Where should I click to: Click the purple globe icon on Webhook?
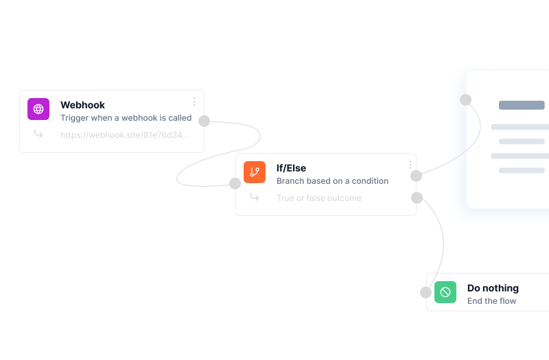(38, 109)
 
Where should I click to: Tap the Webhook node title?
(82, 105)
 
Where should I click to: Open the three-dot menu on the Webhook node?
(194, 101)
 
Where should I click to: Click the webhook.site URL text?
(124, 135)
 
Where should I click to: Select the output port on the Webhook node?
(204, 121)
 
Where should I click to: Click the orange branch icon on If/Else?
(255, 172)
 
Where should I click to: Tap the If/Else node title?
(291, 168)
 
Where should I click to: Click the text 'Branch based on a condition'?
(332, 181)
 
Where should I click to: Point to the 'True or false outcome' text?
(318, 198)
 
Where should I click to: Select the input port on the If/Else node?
(235, 183)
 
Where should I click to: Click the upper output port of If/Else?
(416, 176)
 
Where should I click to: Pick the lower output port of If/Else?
(417, 198)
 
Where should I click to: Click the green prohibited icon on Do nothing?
(445, 292)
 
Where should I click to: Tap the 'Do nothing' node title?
(493, 288)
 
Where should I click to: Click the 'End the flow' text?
(491, 301)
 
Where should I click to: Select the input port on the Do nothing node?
(426, 292)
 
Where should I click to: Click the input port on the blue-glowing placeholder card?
(465, 99)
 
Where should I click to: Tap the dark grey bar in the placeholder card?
(522, 106)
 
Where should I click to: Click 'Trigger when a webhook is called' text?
(126, 118)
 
